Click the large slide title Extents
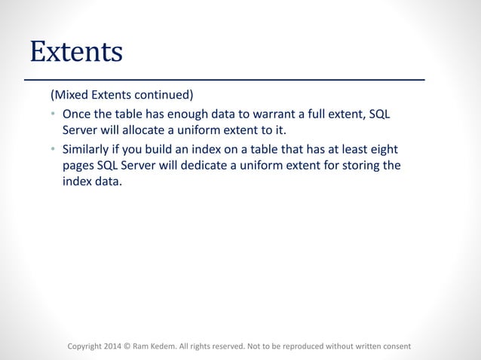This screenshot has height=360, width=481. [75, 51]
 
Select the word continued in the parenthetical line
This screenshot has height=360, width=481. [167, 96]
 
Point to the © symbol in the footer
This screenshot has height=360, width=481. [127, 346]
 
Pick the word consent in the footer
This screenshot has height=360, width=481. [395, 346]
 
